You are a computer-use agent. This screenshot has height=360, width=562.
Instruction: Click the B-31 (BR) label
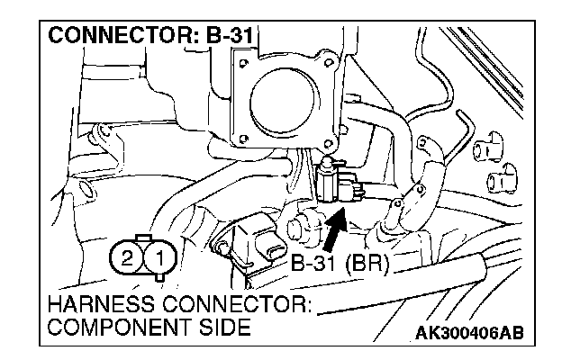click(339, 265)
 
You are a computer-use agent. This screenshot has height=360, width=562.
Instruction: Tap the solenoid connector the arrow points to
click(335, 179)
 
